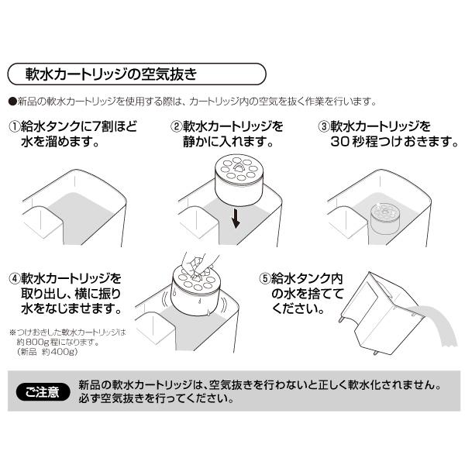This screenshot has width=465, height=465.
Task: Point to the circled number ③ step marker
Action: click(325, 126)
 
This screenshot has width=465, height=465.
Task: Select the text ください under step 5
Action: click(298, 309)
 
